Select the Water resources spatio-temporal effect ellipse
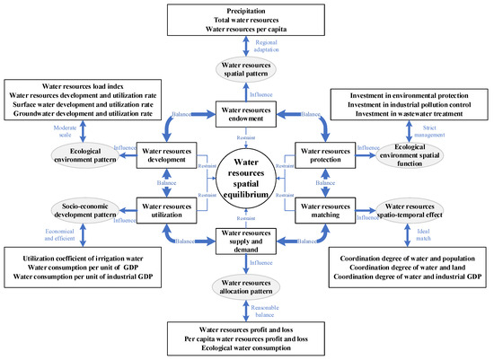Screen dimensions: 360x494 (x=410, y=211)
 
